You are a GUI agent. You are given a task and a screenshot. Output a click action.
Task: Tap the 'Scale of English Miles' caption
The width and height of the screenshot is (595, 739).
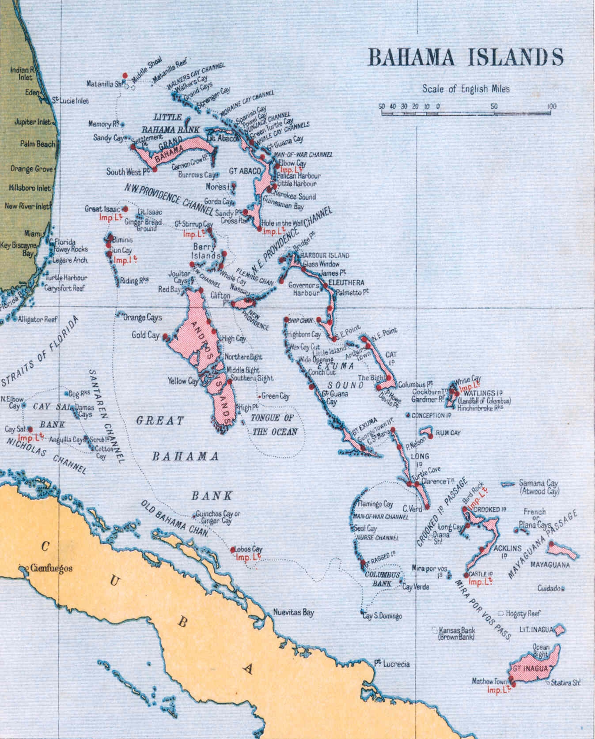click(x=466, y=89)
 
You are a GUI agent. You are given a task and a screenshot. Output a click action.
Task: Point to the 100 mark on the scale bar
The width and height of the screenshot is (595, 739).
click(x=551, y=106)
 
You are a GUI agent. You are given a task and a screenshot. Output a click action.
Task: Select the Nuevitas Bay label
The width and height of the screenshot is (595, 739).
click(x=293, y=613)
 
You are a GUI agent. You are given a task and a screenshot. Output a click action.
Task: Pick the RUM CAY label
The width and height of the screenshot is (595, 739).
click(x=448, y=433)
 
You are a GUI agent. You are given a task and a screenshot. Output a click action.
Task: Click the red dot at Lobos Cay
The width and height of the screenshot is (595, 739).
click(x=233, y=550)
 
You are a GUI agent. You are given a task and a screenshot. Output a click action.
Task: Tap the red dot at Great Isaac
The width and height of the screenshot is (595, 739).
click(x=125, y=209)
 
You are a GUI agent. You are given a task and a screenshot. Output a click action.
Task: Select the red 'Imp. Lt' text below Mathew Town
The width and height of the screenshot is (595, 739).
click(x=499, y=690)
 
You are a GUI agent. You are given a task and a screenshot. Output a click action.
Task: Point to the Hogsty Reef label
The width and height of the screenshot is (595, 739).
click(x=524, y=614)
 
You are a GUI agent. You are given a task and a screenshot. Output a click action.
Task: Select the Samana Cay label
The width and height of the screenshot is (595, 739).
click(x=538, y=483)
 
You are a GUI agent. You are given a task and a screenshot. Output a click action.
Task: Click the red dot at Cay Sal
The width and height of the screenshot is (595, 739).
click(x=30, y=429)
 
